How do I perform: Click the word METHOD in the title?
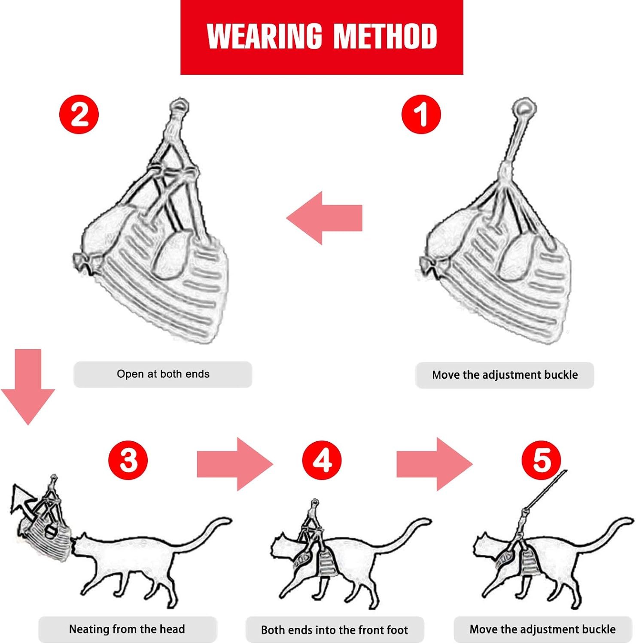click(x=385, y=36)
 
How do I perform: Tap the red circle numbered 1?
click(x=421, y=114)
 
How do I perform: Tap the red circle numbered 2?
click(x=79, y=114)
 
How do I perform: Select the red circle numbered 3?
click(x=128, y=460)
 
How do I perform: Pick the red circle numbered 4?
click(x=322, y=460)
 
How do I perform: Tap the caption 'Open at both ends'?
click(x=163, y=374)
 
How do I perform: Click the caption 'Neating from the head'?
click(x=127, y=629)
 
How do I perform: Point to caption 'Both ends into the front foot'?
click(x=335, y=630)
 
